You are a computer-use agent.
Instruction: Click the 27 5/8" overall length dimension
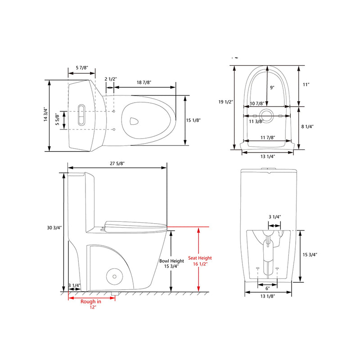click(x=117, y=164)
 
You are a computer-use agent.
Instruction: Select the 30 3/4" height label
click(x=53, y=228)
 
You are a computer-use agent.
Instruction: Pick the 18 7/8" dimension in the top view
click(x=144, y=82)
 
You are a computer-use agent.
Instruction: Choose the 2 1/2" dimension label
click(x=111, y=79)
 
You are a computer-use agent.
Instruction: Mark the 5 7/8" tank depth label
click(x=82, y=67)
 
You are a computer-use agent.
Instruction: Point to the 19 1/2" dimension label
click(x=226, y=102)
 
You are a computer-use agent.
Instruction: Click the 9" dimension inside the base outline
click(x=272, y=88)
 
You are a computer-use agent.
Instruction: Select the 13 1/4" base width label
click(x=268, y=157)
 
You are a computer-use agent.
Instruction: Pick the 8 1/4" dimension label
click(x=308, y=127)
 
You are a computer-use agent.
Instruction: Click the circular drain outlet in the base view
click(x=268, y=115)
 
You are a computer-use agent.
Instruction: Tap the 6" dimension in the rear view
click(x=267, y=288)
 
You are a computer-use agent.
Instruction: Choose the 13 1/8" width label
click(x=267, y=296)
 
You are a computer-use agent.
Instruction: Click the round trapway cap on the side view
click(x=114, y=275)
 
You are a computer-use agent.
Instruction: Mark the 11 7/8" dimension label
click(x=268, y=138)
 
